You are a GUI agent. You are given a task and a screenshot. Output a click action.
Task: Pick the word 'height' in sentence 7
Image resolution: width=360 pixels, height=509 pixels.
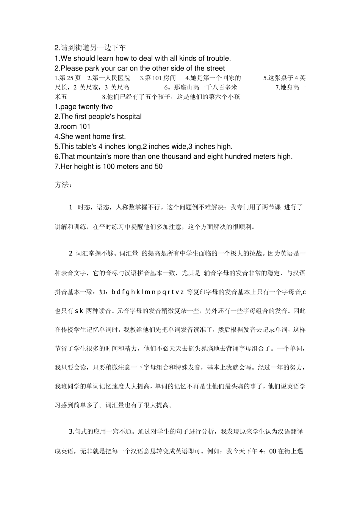coord(85,166)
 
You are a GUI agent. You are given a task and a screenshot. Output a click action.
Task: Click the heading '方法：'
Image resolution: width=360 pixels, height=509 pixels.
coord(63,185)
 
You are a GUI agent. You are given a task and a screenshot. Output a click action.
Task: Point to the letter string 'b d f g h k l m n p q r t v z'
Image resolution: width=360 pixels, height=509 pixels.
coord(148,292)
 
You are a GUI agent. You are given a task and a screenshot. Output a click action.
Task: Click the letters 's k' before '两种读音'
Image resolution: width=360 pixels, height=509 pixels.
coord(79,311)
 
